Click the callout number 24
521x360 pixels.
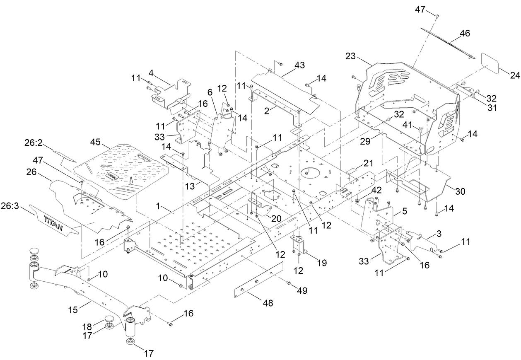coord(514,75)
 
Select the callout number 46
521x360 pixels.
coord(465,34)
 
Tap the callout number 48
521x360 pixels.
coord(268,303)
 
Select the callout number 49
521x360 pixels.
coord(302,290)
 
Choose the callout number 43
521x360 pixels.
coord(299,65)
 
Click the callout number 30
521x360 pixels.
coord(460,191)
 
